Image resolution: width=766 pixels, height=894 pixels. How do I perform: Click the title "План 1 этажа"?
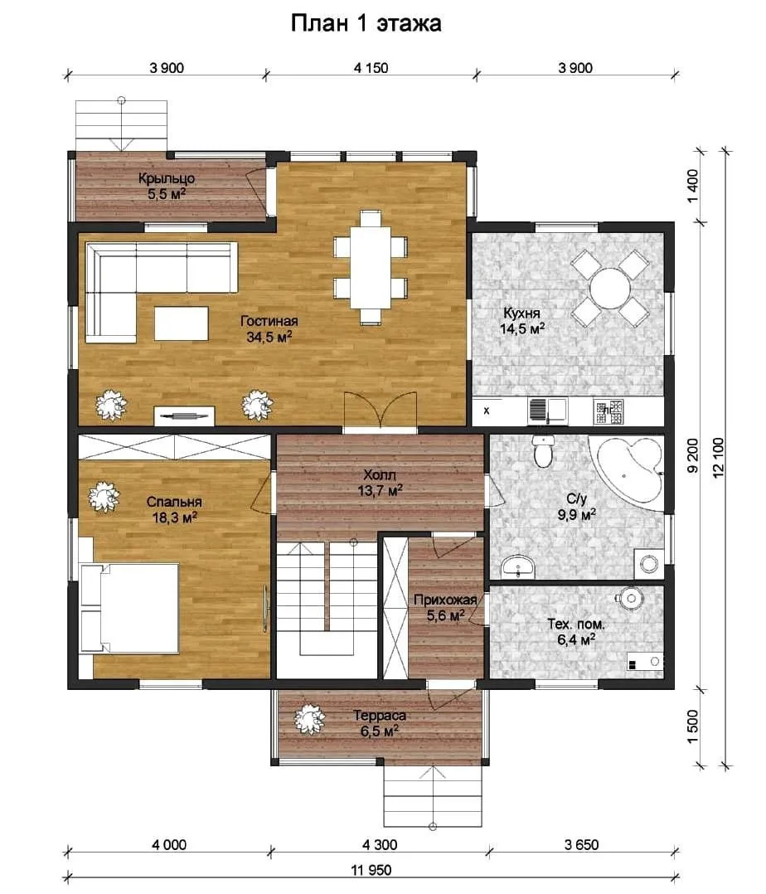[x=366, y=23]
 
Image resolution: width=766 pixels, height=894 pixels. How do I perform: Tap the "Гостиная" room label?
[x=269, y=321]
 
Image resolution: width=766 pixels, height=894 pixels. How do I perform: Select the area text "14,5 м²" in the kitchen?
[x=522, y=328]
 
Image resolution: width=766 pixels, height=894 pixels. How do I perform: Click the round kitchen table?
[x=610, y=288]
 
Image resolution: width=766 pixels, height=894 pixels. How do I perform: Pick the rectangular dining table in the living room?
[x=371, y=267]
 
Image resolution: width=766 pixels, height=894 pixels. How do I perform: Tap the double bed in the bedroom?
[x=129, y=608]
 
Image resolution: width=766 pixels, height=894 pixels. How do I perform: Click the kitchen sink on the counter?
[x=547, y=411]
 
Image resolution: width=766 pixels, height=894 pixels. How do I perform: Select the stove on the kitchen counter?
[x=608, y=411]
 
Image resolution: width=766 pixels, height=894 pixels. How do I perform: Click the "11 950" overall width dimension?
[x=371, y=869]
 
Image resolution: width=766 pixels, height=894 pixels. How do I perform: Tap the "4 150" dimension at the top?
[x=371, y=68]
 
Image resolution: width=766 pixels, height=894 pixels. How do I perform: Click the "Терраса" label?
[x=380, y=716]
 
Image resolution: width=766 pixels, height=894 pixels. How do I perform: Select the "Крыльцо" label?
[x=167, y=178]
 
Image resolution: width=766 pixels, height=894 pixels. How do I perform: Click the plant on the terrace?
[x=309, y=720]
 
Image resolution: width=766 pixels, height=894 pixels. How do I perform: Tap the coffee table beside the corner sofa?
[x=182, y=323]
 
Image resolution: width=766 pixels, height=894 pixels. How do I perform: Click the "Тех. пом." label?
[x=575, y=624]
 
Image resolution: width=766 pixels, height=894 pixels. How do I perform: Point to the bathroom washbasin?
[x=518, y=566]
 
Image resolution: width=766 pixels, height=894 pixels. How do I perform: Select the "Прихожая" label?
[x=445, y=600]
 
